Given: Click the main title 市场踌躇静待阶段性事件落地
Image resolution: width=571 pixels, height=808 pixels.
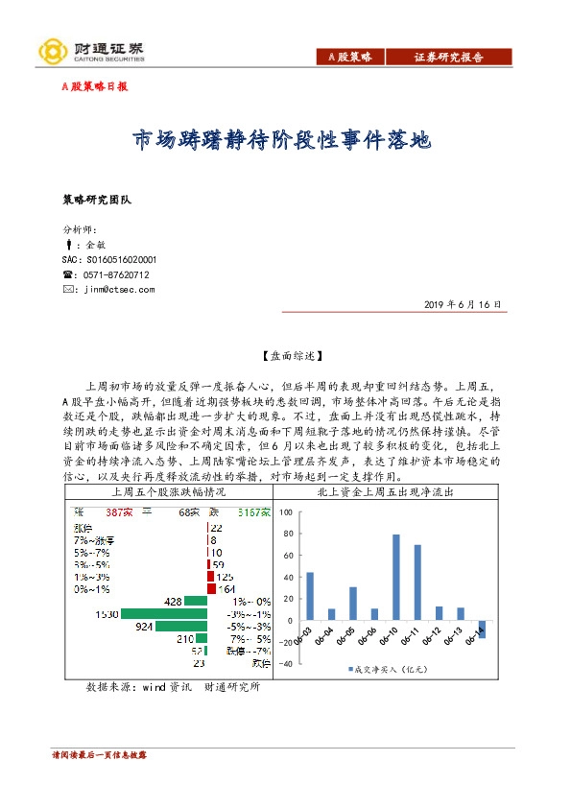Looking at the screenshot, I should click(x=281, y=142).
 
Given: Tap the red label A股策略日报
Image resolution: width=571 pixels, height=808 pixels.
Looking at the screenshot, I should click(x=94, y=86).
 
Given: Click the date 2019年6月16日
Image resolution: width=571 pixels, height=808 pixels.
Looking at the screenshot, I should click(x=462, y=304).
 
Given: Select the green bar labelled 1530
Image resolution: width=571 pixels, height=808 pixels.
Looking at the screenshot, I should click(x=164, y=613).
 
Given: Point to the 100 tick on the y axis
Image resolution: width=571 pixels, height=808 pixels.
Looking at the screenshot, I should click(x=285, y=512).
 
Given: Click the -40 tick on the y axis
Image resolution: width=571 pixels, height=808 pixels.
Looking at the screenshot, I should click(x=284, y=663).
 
